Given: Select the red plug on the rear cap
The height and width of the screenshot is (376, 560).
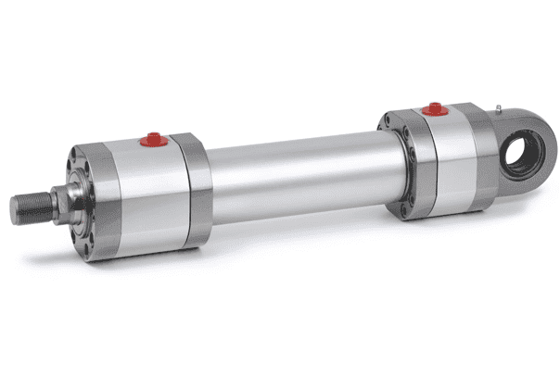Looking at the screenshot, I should [x=431, y=111].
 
